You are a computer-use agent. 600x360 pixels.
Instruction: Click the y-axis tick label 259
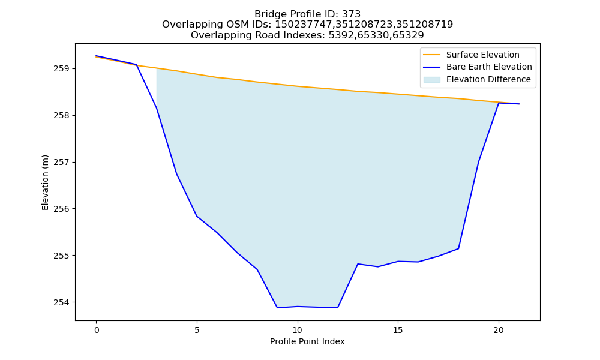[61, 69]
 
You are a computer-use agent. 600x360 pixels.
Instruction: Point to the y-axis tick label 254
[61, 302]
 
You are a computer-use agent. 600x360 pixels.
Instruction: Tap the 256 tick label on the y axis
[61, 209]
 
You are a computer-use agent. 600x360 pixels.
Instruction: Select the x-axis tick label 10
[298, 330]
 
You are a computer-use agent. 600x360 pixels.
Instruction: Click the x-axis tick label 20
[499, 330]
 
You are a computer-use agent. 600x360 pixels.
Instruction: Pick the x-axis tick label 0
[97, 330]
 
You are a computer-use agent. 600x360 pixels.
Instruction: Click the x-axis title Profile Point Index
[307, 341]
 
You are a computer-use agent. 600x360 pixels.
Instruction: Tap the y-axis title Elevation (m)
[46, 182]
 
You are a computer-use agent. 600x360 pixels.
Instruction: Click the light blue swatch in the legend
[431, 80]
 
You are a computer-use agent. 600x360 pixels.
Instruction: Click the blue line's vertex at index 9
[277, 308]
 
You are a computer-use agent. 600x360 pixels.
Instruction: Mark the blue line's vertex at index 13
[358, 264]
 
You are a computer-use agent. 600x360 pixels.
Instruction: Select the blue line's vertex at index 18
[458, 248]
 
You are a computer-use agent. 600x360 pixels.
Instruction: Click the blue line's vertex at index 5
[197, 216]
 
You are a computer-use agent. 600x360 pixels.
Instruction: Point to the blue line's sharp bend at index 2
[137, 65]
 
